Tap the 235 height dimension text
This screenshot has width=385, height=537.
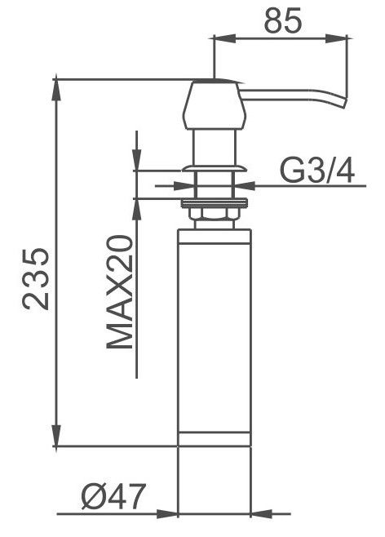point(35,278)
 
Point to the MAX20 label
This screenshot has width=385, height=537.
point(119,291)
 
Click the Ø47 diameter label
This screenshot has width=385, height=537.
point(113,496)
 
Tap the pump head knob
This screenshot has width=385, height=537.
point(215,104)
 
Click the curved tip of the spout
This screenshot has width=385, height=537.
point(343,102)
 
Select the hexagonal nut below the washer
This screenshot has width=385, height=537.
point(215,215)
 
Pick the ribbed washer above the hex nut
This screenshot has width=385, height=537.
point(215,203)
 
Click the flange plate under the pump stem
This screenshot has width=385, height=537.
point(215,168)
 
